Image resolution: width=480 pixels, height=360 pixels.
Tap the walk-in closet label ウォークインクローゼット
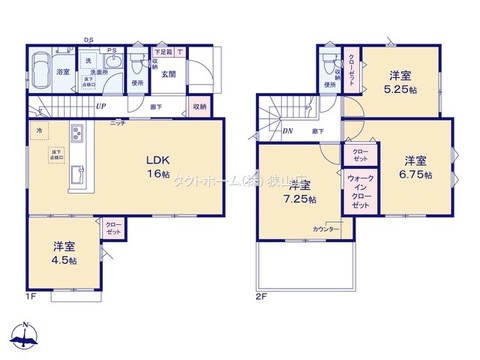click(359, 190)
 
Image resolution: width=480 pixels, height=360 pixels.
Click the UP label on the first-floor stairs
click(102, 106)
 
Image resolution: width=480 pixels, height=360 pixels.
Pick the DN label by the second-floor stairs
click(287, 131)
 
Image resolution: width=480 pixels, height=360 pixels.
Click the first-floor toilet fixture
click(134, 66)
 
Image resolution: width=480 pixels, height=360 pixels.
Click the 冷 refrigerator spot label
click(40, 131)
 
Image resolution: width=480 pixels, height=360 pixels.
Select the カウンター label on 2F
click(327, 229)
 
